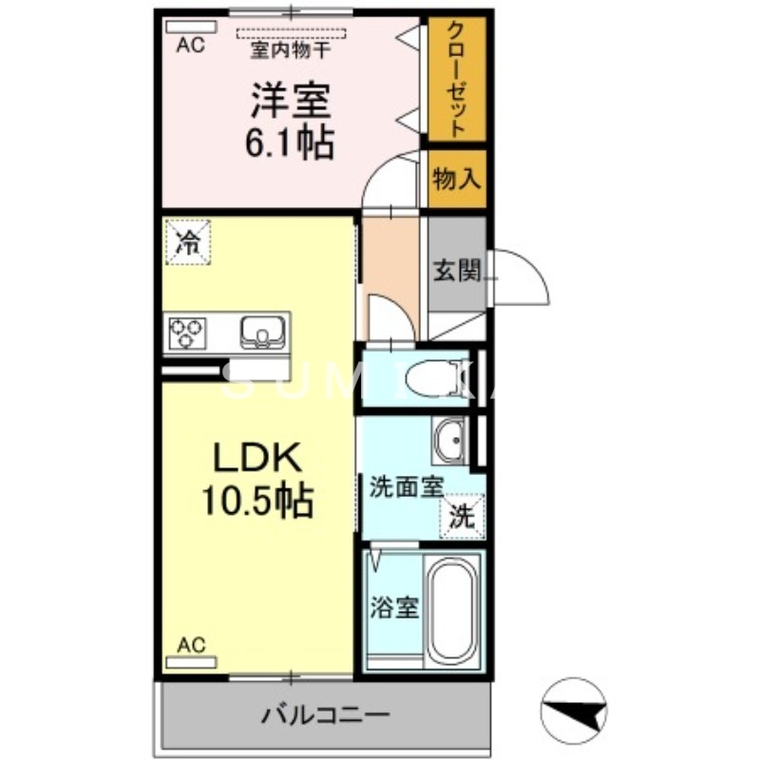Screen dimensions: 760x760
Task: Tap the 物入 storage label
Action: click(x=457, y=178)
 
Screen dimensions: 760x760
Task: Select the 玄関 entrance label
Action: click(x=456, y=270)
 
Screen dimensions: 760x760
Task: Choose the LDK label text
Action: click(x=256, y=459)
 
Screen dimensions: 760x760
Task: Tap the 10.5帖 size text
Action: click(x=256, y=501)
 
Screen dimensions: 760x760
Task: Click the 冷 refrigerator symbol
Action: click(x=189, y=240)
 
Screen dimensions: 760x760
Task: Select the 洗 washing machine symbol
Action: click(x=462, y=518)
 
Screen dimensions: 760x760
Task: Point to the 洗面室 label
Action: click(x=406, y=487)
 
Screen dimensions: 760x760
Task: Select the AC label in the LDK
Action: click(x=191, y=645)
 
